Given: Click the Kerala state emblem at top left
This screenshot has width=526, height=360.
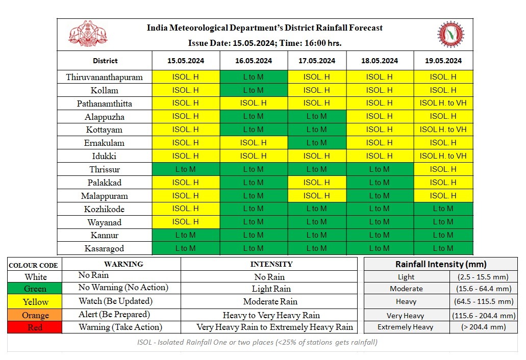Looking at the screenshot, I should point(88,34).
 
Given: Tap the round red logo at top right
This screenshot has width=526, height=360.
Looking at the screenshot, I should point(450,34).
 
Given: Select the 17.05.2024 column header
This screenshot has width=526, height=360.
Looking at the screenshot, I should point(317,61).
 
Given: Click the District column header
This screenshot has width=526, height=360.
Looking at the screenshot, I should point(105,61).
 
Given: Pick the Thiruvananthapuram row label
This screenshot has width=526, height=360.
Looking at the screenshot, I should point(105,78).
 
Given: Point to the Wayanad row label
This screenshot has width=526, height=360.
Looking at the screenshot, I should point(105,222).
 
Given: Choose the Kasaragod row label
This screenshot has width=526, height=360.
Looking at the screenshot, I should point(105,249).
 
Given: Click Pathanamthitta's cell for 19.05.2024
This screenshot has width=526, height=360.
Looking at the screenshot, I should point(443,104).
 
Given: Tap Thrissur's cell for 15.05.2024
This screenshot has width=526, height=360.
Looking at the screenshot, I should point(186,169).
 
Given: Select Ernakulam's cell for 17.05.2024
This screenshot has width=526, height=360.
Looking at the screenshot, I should point(317,143).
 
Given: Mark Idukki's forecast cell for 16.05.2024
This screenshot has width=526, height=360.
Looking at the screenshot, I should point(253,156).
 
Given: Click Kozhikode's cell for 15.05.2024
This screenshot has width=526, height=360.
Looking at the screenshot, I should point(186,209).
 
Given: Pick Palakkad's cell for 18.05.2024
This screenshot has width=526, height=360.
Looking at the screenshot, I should point(380,183).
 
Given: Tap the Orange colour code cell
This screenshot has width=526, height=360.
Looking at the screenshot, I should point(35,315).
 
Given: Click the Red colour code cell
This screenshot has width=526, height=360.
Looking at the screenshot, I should point(35,327).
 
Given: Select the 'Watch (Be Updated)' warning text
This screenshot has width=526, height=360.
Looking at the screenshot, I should point(115,301).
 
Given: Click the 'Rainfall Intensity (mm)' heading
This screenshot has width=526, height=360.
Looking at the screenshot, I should point(441,264).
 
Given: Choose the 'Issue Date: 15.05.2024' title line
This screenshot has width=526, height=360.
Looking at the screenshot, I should point(264,43).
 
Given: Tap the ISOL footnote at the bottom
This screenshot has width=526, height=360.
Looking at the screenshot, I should point(257,342).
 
